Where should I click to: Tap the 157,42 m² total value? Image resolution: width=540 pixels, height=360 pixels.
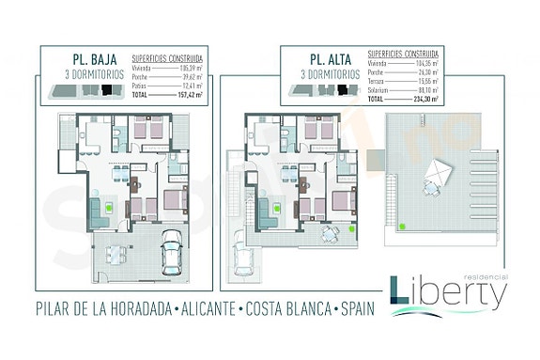[192, 94]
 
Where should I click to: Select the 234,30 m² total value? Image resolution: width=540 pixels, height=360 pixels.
[434, 99]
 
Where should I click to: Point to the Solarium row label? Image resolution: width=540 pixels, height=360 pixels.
[378, 90]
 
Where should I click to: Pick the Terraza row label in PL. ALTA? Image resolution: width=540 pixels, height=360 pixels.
[377, 83]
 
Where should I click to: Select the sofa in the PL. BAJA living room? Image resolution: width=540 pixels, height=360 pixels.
[96, 211]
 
